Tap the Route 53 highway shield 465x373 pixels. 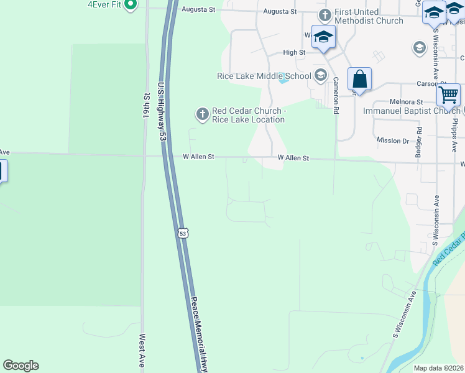click(182, 233)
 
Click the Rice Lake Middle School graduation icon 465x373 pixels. click(321, 76)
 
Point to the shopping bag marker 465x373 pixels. click(359, 80)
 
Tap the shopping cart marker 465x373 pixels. click(448, 95)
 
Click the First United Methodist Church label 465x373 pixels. click(369, 17)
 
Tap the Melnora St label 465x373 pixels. click(406, 101)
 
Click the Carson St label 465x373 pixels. click(428, 83)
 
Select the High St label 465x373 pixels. click(294, 53)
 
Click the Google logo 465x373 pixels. click(21, 366)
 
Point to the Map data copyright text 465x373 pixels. click(439, 368)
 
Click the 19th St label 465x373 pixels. click(147, 106)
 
